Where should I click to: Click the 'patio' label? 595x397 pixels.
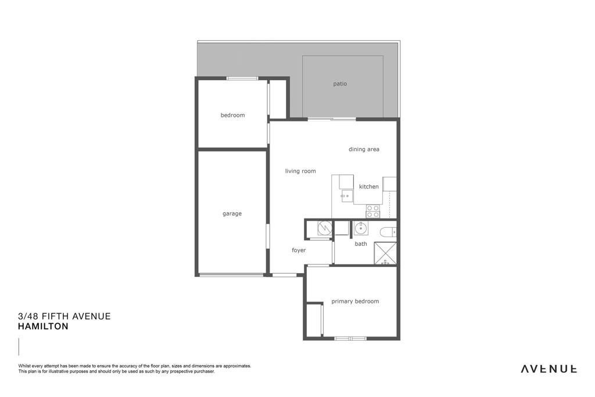tap(340, 84)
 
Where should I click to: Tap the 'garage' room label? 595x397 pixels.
tap(232, 214)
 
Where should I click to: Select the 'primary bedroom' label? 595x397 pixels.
tap(355, 301)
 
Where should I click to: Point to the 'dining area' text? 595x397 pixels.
tap(364, 149)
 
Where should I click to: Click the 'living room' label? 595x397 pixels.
tap(300, 171)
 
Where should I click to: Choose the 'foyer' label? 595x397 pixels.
tap(299, 250)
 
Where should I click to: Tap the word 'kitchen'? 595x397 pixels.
tap(369, 187)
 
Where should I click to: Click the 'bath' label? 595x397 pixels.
tap(361, 244)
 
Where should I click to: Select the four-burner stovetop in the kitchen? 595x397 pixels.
tap(372, 212)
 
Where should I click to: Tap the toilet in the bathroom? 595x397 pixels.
tap(388, 231)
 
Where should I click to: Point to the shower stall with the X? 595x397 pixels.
tap(385, 253)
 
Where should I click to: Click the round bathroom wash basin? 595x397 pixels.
tap(361, 228)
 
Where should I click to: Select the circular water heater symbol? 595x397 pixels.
tap(324, 228)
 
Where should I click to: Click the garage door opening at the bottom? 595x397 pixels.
tap(232, 275)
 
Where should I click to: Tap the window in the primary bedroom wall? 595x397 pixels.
tap(350, 338)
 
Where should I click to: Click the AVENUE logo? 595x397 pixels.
tap(549, 369)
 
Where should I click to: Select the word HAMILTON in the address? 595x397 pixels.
tap(43, 327)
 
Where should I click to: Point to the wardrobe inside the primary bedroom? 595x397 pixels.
tap(314, 320)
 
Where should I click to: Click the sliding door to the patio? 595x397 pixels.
tap(332, 119)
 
